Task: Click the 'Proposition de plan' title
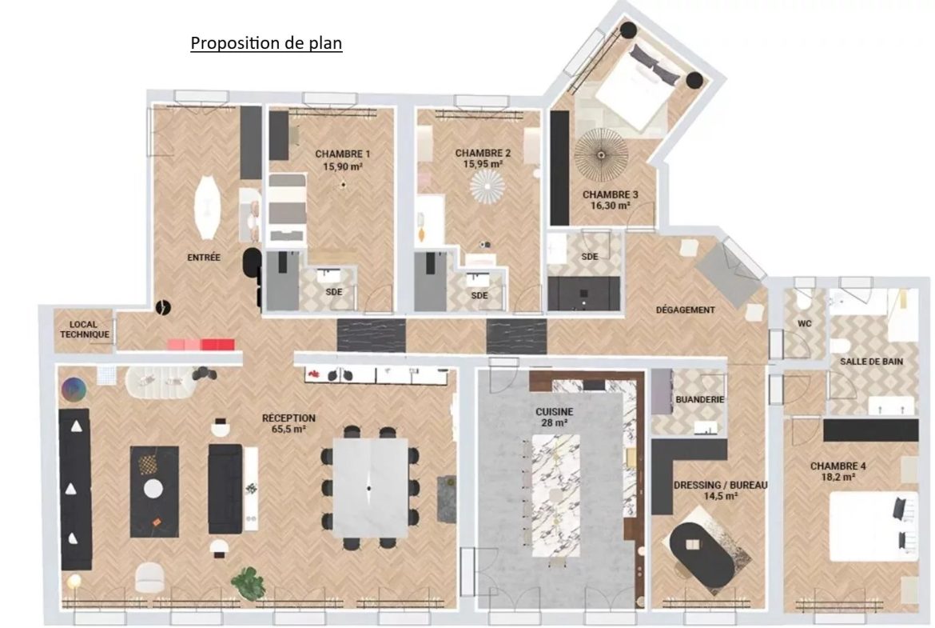(x=266, y=43)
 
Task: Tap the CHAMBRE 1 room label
(x=342, y=154)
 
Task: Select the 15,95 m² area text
(x=483, y=164)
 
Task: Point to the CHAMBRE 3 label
(x=610, y=194)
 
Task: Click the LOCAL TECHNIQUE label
(x=84, y=330)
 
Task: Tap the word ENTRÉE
(x=204, y=258)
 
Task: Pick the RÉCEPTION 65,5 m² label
(x=288, y=423)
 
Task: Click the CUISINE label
(x=554, y=412)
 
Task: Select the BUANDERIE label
(x=699, y=399)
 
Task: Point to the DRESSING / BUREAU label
(x=720, y=486)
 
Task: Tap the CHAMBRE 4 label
(x=838, y=466)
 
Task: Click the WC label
(x=805, y=323)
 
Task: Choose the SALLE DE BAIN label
(x=871, y=361)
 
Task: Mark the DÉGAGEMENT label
(x=685, y=310)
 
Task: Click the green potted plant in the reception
(x=248, y=583)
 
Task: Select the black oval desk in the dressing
(x=701, y=553)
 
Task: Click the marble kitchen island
(x=555, y=495)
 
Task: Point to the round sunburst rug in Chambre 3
(x=601, y=154)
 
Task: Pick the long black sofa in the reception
(x=75, y=489)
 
